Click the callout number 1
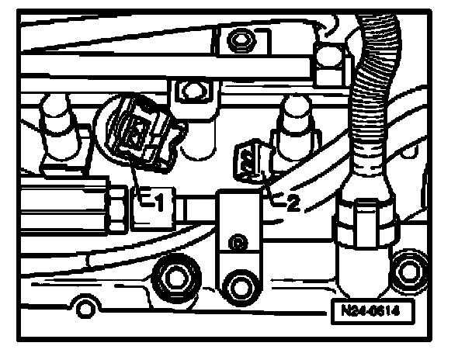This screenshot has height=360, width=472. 158,203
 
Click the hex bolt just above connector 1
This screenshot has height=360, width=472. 189,92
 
